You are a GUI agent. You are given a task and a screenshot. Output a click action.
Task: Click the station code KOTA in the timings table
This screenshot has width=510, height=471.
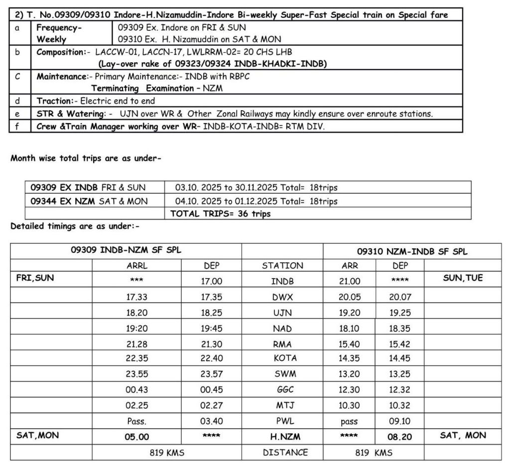[285, 358]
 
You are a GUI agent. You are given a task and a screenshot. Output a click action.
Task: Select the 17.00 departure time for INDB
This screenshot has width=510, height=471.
[211, 281]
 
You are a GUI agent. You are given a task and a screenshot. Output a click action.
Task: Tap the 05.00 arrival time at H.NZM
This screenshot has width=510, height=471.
[136, 437]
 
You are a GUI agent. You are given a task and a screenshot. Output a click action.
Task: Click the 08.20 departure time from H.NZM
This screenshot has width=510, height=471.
[399, 437]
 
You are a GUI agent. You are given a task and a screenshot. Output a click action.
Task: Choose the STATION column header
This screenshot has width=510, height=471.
[282, 266]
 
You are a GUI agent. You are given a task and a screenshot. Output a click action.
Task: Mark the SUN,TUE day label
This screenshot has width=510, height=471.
[463, 278]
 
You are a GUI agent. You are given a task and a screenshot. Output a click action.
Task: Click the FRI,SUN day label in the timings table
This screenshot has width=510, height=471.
[35, 278]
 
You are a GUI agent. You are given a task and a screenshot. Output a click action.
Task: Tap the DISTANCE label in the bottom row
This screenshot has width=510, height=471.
[285, 453]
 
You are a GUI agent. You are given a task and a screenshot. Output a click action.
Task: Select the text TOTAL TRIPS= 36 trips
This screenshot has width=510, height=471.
[221, 214]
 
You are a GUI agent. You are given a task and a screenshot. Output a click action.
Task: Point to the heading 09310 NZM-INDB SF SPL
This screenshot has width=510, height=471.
[412, 251]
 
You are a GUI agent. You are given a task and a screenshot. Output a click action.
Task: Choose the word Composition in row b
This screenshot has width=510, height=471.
[60, 52]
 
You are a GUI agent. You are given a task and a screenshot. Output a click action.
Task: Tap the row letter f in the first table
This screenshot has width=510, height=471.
[17, 126]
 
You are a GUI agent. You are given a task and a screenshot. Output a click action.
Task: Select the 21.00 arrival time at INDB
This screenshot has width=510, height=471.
[349, 281]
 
